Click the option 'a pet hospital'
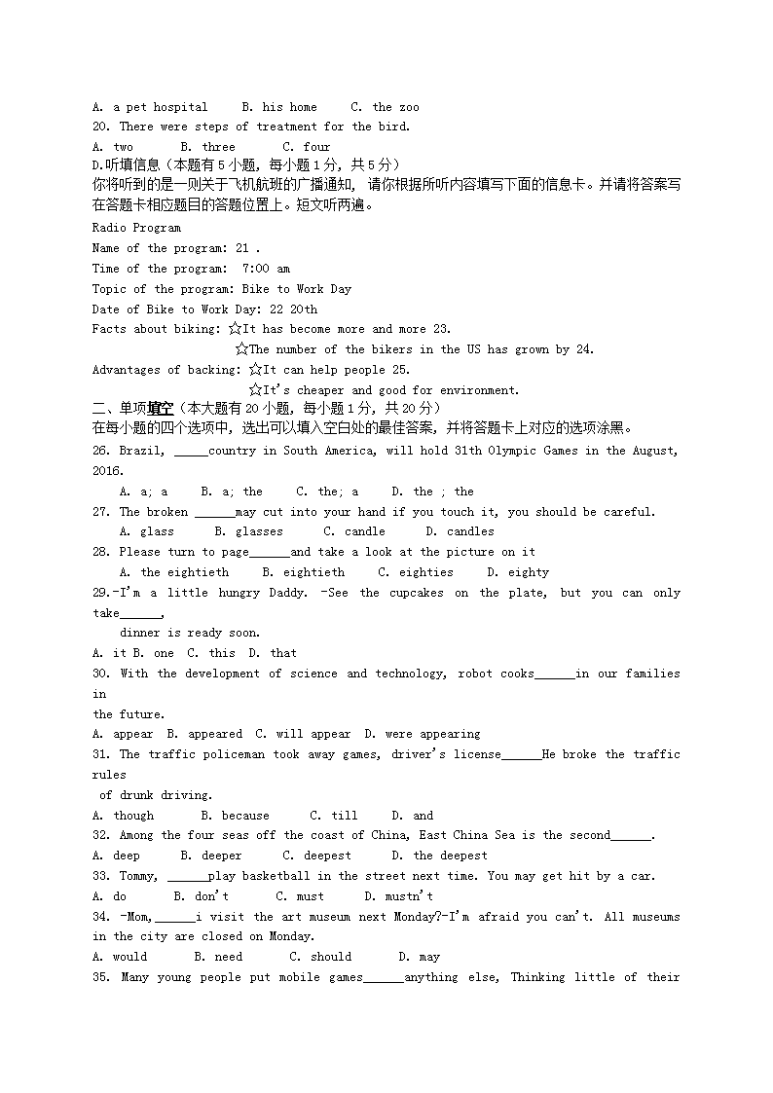[161, 107]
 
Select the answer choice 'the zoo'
[395, 107]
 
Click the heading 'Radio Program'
[136, 228]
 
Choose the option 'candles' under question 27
[470, 531]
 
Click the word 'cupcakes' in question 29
[416, 593]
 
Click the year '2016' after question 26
[106, 471]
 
